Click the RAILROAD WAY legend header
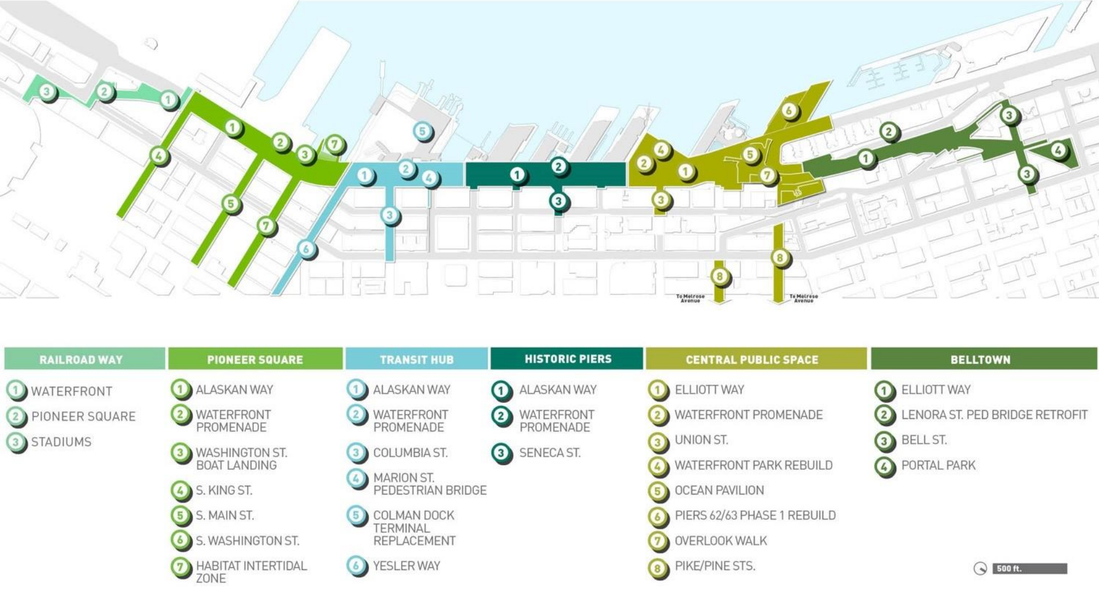coord(81,360)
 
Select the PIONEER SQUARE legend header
coord(255,360)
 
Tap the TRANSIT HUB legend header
coord(417,360)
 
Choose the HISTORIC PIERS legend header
coord(568,359)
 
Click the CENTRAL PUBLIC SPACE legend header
coord(752,360)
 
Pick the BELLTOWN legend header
coord(980,360)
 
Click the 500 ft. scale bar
coord(1029,568)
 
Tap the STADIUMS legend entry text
coord(61,442)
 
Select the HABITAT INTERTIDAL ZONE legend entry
coord(251,572)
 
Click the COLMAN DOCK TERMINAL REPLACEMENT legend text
coord(414,528)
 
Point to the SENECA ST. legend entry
coord(549,453)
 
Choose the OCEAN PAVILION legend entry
coord(719,490)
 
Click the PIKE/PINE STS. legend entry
coord(715,566)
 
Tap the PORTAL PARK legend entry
coord(938,465)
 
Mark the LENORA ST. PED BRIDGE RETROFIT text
coord(994,415)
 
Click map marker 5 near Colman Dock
coord(422,131)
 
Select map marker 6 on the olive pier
coord(789,110)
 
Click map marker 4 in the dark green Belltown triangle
coord(1058,150)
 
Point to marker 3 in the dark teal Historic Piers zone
coord(558,201)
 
